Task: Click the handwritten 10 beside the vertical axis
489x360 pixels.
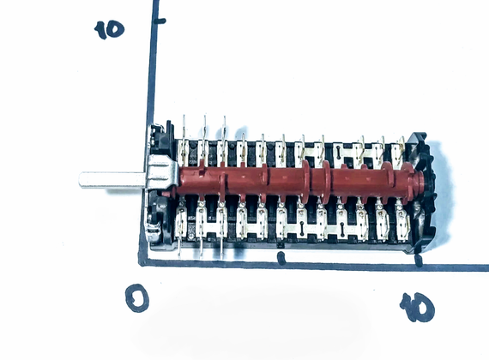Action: (x=109, y=30)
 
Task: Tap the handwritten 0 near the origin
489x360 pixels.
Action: (x=137, y=298)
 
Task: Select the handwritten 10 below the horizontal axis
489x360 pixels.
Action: (x=417, y=307)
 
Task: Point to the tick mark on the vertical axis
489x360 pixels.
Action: (x=160, y=21)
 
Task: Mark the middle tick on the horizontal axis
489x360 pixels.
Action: (x=281, y=258)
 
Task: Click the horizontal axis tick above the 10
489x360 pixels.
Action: (x=419, y=261)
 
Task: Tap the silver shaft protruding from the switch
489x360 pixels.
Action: (x=113, y=180)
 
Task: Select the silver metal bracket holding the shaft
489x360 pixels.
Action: (x=161, y=172)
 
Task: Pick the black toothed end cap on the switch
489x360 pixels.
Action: (x=423, y=190)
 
